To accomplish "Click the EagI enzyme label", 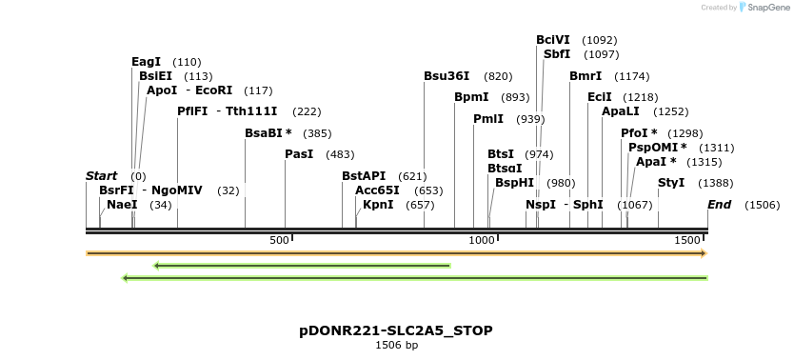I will click(147, 62).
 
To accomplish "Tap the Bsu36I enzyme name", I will click(447, 76).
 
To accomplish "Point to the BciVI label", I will click(553, 40).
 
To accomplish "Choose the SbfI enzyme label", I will click(557, 54).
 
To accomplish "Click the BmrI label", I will click(586, 76).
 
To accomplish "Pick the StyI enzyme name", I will click(671, 183).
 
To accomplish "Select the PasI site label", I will click(299, 154).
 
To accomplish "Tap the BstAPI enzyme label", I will click(364, 176).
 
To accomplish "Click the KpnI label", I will click(378, 205).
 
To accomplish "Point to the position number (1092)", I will click(600, 40).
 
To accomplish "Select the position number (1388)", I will click(716, 183).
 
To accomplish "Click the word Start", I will click(101, 176).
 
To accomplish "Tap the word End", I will click(719, 205).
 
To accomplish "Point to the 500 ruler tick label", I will click(278, 241).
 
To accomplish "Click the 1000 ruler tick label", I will click(480, 241).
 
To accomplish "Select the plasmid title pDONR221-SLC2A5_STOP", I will click(396, 330).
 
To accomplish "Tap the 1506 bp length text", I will click(396, 345).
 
